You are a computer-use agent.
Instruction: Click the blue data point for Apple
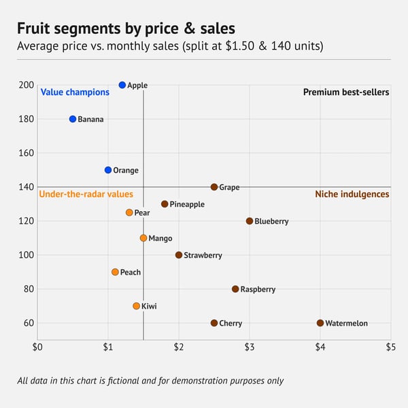coord(122,85)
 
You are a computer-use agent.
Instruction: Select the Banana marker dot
coord(73,119)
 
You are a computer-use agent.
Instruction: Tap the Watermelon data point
coord(320,323)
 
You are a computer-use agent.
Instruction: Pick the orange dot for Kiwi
coord(137,306)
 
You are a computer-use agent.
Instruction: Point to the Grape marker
coord(214,187)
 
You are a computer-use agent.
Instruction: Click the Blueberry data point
coord(250,221)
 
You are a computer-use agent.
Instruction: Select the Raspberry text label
coord(258,289)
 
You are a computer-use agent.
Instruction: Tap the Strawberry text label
coord(203,255)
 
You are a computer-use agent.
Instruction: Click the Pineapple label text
coord(187,204)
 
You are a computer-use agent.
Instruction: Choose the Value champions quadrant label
coord(75,92)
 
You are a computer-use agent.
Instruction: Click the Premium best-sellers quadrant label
coord(345,92)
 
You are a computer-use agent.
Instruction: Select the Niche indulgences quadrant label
coord(352,194)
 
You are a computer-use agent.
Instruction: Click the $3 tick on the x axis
coord(250,347)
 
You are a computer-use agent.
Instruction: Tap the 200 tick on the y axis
coord(27,85)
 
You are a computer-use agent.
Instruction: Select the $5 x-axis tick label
coord(390,347)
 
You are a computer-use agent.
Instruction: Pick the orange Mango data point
coord(143,238)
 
